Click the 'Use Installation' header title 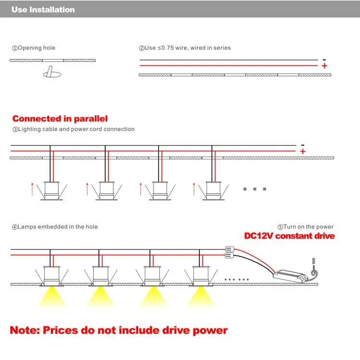(43, 10)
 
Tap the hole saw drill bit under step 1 (52, 72)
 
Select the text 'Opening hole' (36, 48)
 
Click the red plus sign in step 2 (324, 66)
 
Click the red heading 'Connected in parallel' (60, 119)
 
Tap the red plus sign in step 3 (303, 151)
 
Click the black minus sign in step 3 (302, 145)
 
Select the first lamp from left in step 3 (52, 191)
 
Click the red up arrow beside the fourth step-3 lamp (194, 189)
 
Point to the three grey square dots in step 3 (254, 189)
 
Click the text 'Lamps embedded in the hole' (58, 227)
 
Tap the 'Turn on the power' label (308, 227)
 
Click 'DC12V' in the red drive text (259, 236)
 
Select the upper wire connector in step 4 (229, 249)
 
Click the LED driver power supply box (290, 276)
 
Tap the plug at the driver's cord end (313, 261)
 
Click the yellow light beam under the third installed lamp (153, 297)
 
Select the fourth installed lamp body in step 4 (201, 276)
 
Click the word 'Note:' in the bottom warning (25, 330)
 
